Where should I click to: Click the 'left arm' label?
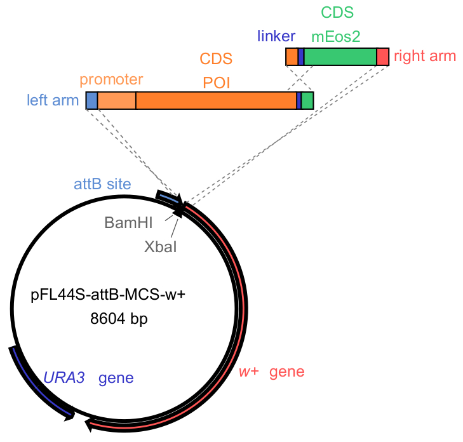53,100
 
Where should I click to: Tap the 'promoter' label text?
111,80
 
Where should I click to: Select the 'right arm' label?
424,56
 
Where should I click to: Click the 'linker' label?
276,36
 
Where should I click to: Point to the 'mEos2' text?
337,37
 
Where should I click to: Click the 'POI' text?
217,83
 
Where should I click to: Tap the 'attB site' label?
102,185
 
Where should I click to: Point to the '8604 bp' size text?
119,319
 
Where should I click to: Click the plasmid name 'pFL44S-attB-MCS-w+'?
107,295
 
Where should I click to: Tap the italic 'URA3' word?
64,378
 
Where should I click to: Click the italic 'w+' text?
249,372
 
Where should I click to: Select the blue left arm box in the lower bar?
91,100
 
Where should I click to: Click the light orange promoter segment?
117,100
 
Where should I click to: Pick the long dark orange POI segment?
216,100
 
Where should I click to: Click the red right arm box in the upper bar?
382,57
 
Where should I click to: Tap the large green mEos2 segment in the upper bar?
340,57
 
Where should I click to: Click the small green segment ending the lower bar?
307,100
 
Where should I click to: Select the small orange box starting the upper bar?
292,57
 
